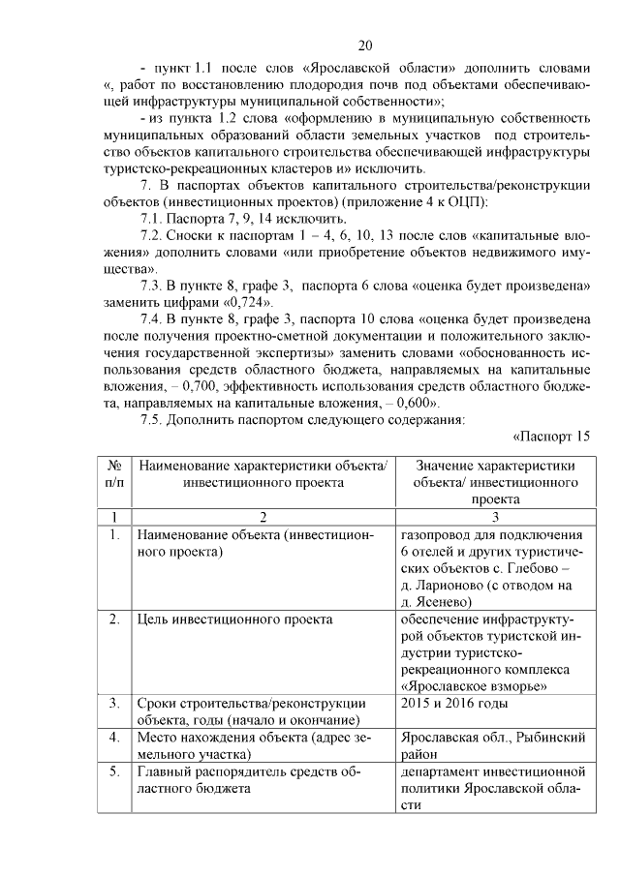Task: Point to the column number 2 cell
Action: (263, 516)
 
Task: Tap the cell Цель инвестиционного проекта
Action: (235, 619)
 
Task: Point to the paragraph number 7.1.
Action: (152, 219)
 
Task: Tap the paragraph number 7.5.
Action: (152, 419)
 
